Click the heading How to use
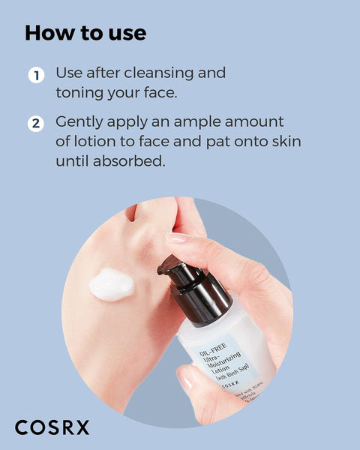(85, 34)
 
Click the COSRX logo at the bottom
(52, 427)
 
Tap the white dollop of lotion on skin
(111, 283)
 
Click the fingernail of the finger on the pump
(178, 238)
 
